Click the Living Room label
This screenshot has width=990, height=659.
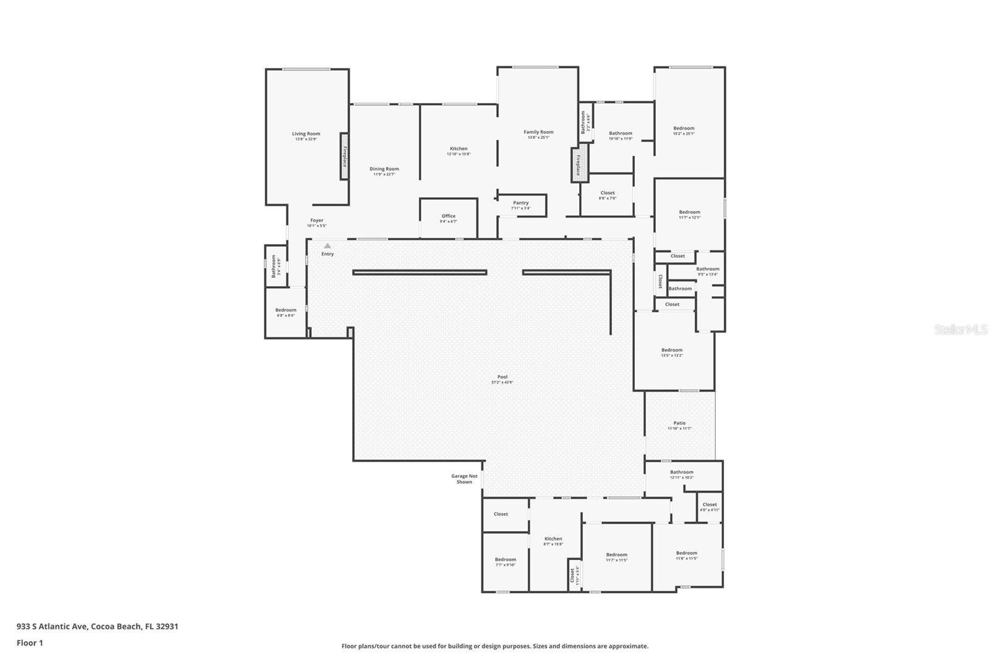click(x=306, y=134)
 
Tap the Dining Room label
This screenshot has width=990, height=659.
click(x=384, y=169)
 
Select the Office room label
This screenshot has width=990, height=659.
click(x=449, y=216)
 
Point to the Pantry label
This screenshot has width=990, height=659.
click(x=521, y=203)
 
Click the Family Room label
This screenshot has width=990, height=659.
click(x=538, y=132)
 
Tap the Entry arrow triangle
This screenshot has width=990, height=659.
click(x=327, y=246)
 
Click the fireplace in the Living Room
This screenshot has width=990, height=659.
click(x=345, y=156)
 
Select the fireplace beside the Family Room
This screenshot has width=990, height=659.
click(x=579, y=164)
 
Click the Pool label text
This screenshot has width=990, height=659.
click(x=502, y=377)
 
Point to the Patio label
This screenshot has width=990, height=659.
click(x=679, y=423)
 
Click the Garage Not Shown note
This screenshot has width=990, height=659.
click(x=464, y=479)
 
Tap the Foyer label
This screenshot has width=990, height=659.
click(x=317, y=221)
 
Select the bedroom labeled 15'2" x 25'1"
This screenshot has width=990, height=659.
click(x=684, y=129)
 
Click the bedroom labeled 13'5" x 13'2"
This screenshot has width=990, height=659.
click(x=672, y=351)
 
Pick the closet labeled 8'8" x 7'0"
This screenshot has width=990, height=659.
click(x=608, y=193)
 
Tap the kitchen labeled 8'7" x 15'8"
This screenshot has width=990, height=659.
click(x=553, y=539)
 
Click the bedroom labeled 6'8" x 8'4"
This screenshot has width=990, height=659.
click(x=286, y=310)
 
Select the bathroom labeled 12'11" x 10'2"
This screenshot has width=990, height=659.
click(x=682, y=472)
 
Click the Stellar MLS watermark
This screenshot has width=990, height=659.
click(x=961, y=329)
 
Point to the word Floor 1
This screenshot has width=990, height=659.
click(x=30, y=643)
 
